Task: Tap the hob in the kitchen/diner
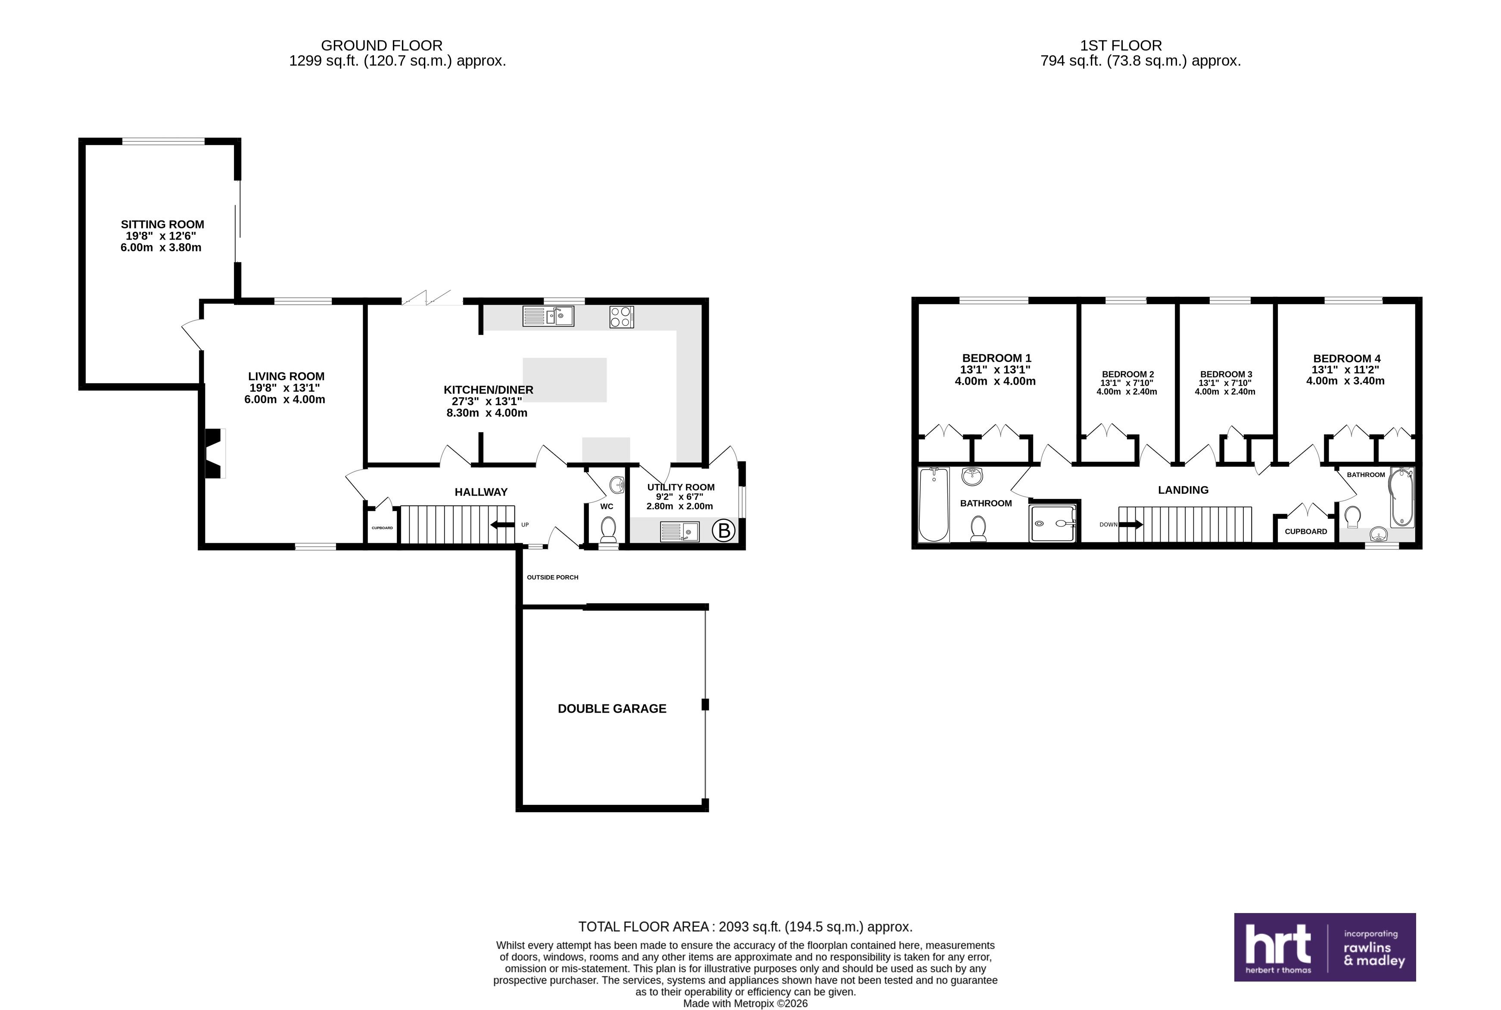[621, 317]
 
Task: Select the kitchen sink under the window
[548, 316]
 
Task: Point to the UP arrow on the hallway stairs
[502, 525]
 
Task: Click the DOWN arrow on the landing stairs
[1131, 524]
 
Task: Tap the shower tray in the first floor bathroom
[1052, 524]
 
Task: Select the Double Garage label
[612, 708]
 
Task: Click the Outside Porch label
[552, 577]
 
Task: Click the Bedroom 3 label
[1226, 374]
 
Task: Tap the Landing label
[1183, 490]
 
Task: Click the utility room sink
[680, 531]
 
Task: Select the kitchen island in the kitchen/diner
[565, 380]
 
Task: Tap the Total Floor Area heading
[745, 927]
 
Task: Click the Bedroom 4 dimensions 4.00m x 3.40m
[1345, 380]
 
